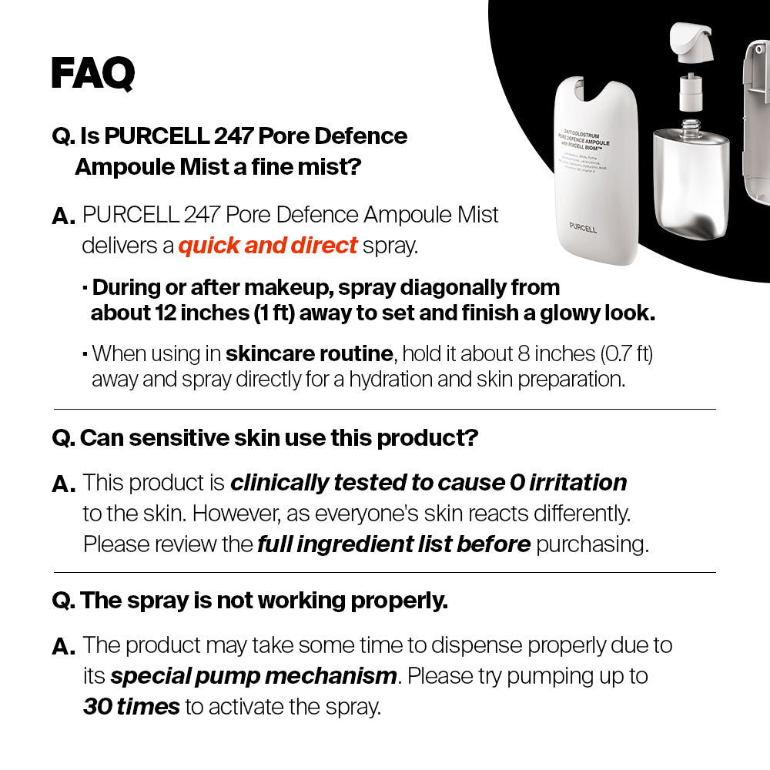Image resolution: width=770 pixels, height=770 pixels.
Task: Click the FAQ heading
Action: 92,73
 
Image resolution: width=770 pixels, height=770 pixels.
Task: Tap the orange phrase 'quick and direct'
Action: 268,246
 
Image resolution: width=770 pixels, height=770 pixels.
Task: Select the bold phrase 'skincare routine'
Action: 309,354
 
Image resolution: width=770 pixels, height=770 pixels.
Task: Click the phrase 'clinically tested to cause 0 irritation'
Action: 428,483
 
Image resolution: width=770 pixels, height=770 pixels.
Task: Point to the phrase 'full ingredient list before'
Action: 393,544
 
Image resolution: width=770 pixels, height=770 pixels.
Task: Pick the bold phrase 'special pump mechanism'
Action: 254,676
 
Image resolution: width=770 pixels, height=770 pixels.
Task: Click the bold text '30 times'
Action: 131,706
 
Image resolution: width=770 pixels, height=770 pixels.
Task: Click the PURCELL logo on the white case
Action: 583,229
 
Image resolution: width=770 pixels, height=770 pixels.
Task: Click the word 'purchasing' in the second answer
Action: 592,544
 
